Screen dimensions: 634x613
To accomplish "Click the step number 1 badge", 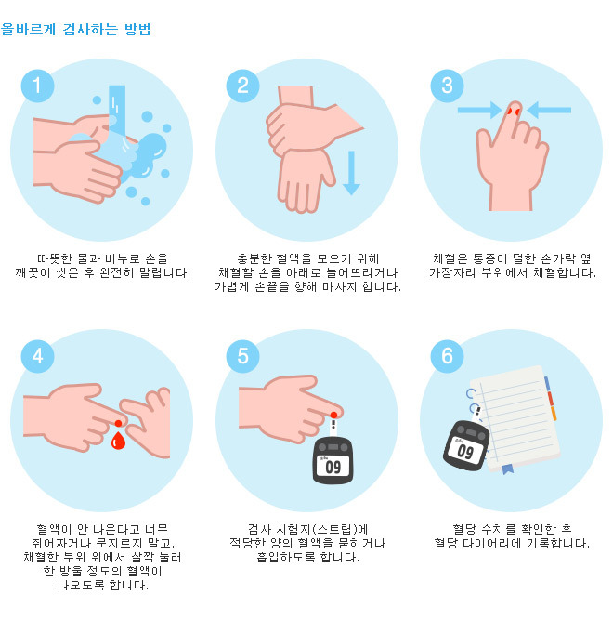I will click(37, 86).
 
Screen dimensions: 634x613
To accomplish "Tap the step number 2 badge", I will click(242, 86).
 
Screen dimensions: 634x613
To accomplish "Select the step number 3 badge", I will click(447, 86).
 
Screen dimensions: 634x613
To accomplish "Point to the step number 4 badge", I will click(37, 356).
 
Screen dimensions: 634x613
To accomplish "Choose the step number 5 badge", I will click(242, 356).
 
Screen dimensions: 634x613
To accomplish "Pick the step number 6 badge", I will click(447, 356).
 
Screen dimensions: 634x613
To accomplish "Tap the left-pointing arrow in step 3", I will click(549, 111).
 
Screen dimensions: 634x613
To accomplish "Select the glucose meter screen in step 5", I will click(333, 466).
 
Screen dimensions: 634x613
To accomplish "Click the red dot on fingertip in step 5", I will click(333, 413).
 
